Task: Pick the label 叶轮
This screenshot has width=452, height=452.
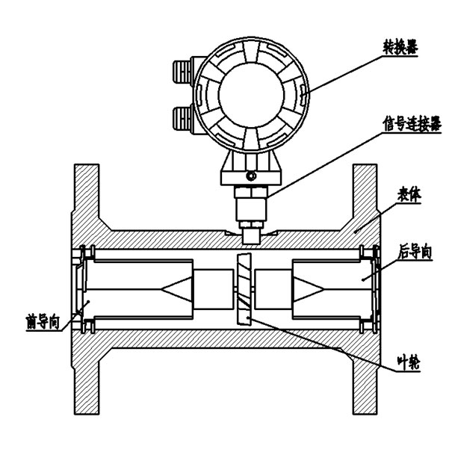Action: tap(407, 368)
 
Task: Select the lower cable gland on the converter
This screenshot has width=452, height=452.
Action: tap(182, 117)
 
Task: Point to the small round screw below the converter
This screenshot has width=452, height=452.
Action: tap(250, 176)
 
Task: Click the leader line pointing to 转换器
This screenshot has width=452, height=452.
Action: tap(351, 70)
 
